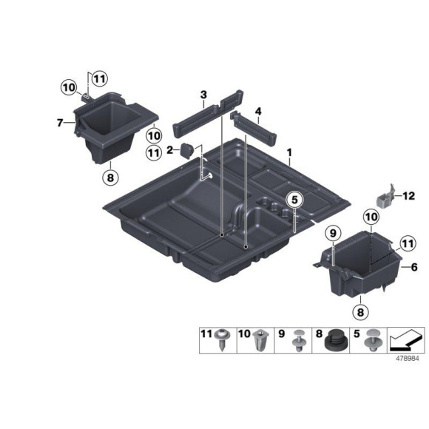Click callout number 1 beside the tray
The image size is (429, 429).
(x=290, y=153)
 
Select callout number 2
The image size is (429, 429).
(x=169, y=150)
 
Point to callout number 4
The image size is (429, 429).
(x=258, y=112)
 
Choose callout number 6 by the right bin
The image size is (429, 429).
(x=414, y=267)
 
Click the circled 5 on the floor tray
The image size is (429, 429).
(x=294, y=200)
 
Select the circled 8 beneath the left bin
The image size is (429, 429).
(x=109, y=178)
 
